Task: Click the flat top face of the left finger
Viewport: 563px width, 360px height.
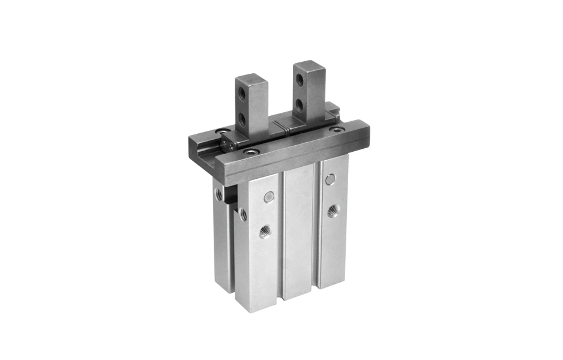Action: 247,78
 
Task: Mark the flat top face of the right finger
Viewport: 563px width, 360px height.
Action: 309,64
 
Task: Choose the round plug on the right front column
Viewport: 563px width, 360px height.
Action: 329,179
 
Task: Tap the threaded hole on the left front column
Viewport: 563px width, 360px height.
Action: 264,231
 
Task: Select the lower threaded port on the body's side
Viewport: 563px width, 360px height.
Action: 243,214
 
